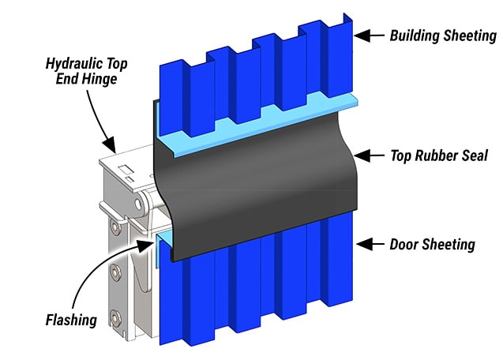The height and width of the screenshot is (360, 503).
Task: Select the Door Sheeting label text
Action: pos(432,244)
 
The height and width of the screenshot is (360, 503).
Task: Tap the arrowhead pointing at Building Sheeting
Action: pos(361,35)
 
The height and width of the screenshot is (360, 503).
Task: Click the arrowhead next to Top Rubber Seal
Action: pos(362,156)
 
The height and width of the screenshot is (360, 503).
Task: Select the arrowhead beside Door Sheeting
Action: pos(362,243)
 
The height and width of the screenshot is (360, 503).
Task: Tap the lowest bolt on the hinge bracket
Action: pos(115,317)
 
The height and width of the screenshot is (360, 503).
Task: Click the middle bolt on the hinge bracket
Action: pos(115,273)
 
